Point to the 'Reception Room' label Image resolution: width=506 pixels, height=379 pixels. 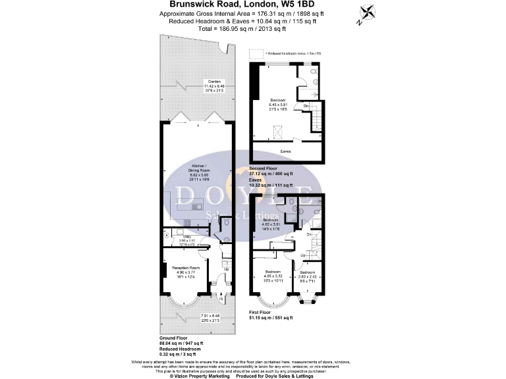click(x=186, y=268)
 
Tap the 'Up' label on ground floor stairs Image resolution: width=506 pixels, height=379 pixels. click(x=227, y=269)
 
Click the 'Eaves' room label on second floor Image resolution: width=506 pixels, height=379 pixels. click(x=285, y=151)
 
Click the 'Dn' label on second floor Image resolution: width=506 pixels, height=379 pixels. click(x=306, y=105)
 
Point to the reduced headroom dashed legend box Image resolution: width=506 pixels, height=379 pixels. click(x=254, y=53)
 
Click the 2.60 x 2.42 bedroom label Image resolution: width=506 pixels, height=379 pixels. click(x=307, y=275)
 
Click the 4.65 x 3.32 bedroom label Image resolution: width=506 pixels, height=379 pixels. click(x=273, y=274)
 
